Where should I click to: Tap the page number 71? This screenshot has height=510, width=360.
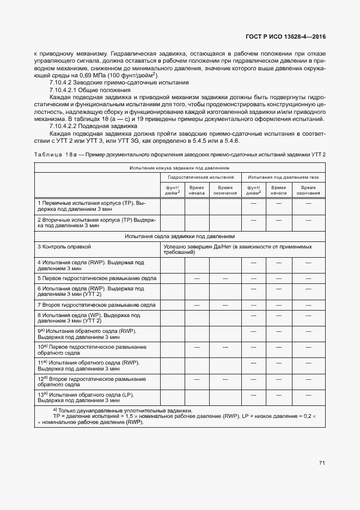pyautogui.click(x=322, y=463)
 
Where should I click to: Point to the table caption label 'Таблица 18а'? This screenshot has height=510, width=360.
pyautogui.click(x=54, y=155)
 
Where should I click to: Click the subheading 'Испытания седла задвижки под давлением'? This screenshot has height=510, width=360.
pyautogui.click(x=180, y=236)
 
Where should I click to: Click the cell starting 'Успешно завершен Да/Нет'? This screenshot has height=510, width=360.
pyautogui.click(x=237, y=250)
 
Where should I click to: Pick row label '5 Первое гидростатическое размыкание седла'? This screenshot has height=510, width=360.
pyautogui.click(x=97, y=278)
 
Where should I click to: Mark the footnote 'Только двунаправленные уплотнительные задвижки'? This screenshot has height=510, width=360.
pyautogui.click(x=122, y=410)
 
